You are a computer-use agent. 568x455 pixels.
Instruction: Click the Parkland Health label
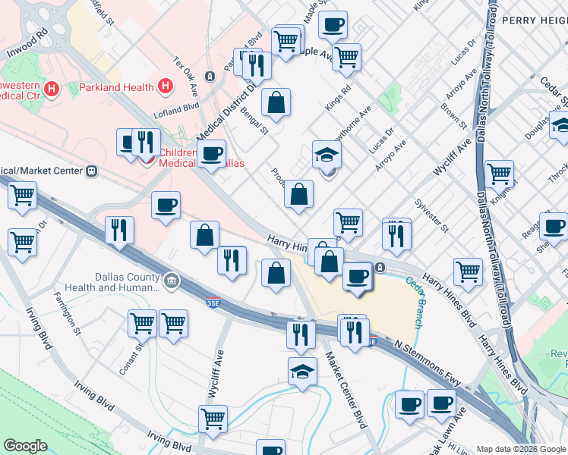[116, 87]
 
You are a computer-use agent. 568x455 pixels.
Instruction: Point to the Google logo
[25, 446]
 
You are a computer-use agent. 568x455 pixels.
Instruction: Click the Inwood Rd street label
[27, 45]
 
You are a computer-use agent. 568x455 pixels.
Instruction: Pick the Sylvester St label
[432, 216]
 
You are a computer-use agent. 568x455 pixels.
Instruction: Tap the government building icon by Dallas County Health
[172, 281]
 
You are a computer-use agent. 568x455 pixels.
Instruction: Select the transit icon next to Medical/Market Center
[92, 171]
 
